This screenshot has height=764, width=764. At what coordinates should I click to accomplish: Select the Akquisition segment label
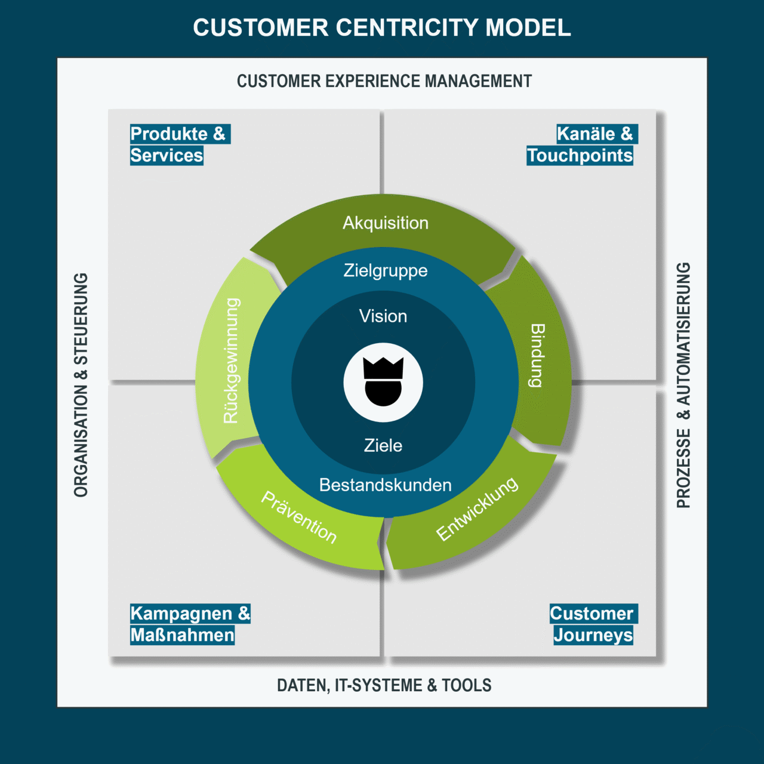[x=386, y=223]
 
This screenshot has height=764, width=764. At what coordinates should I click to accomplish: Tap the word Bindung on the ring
[x=537, y=356]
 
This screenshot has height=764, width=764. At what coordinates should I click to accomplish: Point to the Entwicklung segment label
[x=477, y=509]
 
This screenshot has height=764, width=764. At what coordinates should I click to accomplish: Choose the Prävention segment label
[x=299, y=517]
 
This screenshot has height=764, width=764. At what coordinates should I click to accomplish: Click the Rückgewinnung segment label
[x=232, y=361]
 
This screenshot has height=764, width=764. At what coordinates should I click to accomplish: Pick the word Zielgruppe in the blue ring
[x=386, y=270]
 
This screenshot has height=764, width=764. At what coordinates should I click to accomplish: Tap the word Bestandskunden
[x=386, y=485]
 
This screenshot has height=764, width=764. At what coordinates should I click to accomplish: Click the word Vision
[x=383, y=316]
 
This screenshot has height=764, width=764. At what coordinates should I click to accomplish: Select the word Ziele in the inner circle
[x=383, y=445]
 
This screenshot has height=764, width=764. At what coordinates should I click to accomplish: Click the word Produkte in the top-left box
[x=169, y=134]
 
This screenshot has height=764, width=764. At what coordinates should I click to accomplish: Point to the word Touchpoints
[x=580, y=156]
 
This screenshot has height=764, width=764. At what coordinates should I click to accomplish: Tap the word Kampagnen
[x=181, y=614]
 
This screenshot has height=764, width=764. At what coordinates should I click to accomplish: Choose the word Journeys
[x=593, y=635]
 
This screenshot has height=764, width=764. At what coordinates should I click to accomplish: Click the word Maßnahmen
[x=182, y=635]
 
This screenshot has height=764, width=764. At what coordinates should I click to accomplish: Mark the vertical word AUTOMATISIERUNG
[x=683, y=334]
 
